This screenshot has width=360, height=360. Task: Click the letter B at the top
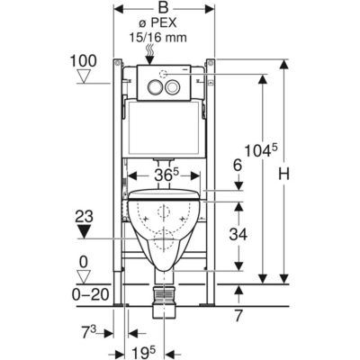tap(164, 8)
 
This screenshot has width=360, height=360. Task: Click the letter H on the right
tap(283, 174)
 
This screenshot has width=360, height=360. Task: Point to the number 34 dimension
tap(238, 234)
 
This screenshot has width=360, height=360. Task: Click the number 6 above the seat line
tap(238, 165)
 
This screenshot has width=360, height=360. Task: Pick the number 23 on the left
tap(85, 216)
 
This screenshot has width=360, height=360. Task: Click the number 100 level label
tap(84, 61)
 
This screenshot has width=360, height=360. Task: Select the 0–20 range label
tap(90, 295)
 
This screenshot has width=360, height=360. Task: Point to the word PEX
tap(164, 23)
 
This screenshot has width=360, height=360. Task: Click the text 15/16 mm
tap(158, 38)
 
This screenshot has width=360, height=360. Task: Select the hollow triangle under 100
tap(84, 76)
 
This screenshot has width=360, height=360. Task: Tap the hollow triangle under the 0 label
tap(84, 276)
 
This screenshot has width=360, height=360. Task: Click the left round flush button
tap(155, 87)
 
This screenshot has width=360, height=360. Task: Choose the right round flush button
tap(173, 87)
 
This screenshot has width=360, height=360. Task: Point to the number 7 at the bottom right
tap(238, 316)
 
